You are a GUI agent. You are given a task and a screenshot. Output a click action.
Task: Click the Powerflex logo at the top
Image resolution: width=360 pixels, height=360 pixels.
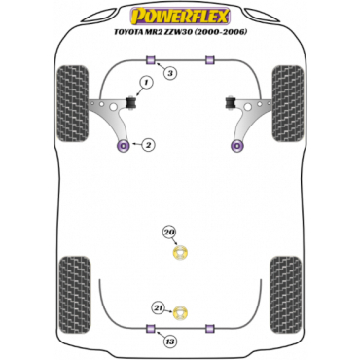pyautogui.click(x=180, y=17)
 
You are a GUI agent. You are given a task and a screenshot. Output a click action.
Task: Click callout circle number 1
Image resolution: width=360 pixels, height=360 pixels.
pyautogui.click(x=146, y=84)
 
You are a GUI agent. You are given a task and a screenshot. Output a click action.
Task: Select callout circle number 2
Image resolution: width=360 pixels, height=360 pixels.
pyautogui.click(x=148, y=145)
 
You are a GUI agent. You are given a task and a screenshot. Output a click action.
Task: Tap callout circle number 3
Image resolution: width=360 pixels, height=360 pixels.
pyautogui.click(x=170, y=73)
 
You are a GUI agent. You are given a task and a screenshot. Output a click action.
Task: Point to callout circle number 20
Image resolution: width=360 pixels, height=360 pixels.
pyautogui.click(x=169, y=233)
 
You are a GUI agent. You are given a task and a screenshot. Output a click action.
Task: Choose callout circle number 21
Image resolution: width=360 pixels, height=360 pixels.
pyautogui.click(x=160, y=307)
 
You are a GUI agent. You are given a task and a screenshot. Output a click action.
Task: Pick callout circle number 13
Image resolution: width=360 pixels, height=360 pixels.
pyautogui.click(x=170, y=342)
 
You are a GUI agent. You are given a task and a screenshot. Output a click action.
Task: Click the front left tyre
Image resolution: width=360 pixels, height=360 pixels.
pyautogui.click(x=72, y=103)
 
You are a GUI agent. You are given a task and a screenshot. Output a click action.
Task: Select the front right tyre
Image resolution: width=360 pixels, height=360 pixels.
pyautogui.click(x=288, y=103)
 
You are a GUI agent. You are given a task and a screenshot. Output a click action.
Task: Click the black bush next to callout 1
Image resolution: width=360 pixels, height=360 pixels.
pyautogui.click(x=131, y=102)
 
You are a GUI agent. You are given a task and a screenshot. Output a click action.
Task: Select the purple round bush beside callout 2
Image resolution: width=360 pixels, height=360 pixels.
pyautogui.click(x=123, y=146)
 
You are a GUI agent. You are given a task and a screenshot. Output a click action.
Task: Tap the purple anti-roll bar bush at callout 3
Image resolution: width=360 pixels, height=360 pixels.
pyautogui.click(x=151, y=60)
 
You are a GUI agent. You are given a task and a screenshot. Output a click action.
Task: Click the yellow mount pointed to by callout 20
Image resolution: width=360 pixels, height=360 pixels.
pyautogui.click(x=181, y=253)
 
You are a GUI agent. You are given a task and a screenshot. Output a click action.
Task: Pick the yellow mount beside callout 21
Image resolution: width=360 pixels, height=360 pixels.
pyautogui.click(x=181, y=312)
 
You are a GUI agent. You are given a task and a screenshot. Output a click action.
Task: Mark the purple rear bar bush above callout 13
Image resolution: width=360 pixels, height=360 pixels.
pyautogui.click(x=151, y=328)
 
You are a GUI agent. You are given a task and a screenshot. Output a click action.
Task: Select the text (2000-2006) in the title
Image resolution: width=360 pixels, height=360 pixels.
pyautogui.click(x=228, y=32)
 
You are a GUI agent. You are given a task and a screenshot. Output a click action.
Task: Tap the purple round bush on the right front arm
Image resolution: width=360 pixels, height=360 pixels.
pyautogui.click(x=237, y=146)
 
